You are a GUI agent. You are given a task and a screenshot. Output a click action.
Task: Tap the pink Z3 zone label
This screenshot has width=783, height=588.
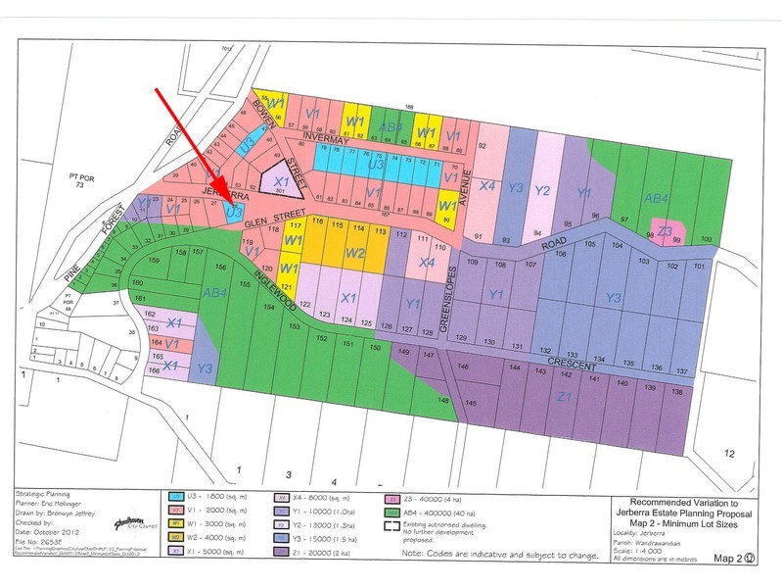point(665,231)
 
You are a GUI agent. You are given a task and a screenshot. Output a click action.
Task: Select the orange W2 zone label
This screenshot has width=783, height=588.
point(355,254)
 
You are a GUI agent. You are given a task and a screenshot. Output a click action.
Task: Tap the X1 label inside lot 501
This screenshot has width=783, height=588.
point(280,182)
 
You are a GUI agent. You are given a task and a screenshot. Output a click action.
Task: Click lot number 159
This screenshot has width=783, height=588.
point(153,262)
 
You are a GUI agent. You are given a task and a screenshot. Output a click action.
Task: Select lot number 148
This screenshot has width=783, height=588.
point(443,400)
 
